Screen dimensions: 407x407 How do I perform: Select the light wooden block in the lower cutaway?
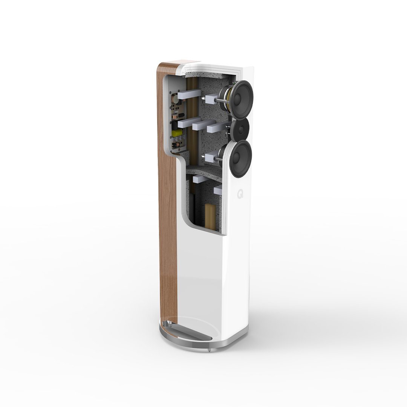(x=210, y=217)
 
